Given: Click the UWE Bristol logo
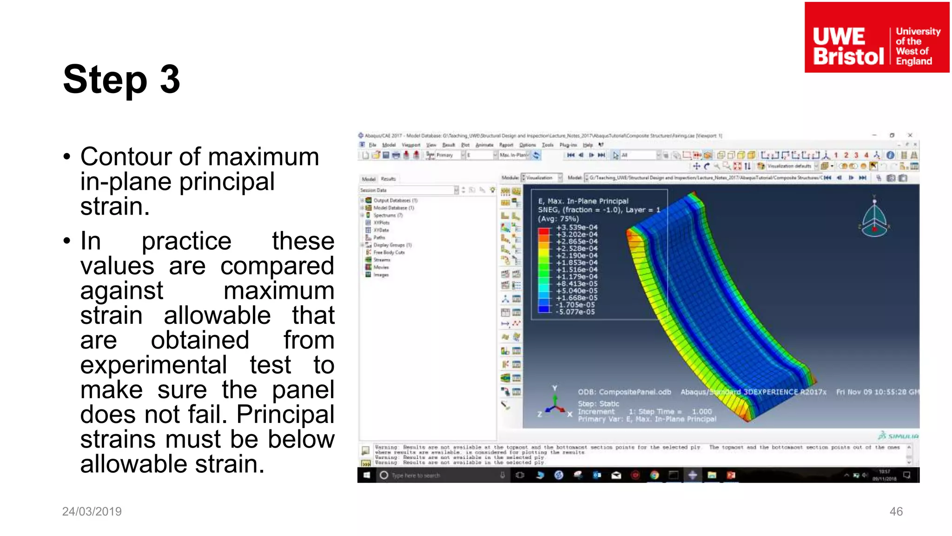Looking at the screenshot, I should tap(877, 38).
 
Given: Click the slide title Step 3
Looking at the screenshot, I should tap(121, 80).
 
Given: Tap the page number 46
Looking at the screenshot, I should tap(896, 511).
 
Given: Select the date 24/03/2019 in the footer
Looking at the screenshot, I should tap(92, 511).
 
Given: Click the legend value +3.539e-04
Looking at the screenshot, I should tap(576, 228).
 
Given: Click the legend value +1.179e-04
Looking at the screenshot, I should tap(576, 277).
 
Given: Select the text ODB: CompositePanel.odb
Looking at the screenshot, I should tap(624, 392).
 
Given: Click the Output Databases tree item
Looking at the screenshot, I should tap(395, 201).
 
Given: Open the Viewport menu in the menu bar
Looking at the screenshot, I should tap(410, 145).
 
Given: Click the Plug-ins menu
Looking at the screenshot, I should tap(568, 145).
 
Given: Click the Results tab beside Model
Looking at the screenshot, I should tap(388, 179).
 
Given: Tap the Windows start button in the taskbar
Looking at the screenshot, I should tap(366, 475).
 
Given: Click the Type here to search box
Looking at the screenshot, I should tap(416, 476).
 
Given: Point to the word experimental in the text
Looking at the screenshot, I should tap(153, 365).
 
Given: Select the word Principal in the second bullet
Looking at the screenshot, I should tap(285, 415).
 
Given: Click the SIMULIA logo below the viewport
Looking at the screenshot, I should tap(898, 436).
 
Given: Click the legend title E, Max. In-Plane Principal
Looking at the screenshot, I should tap(583, 201).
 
